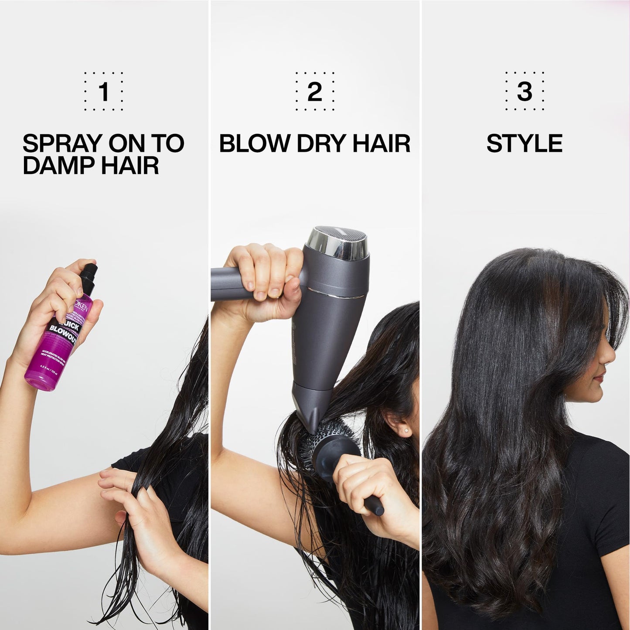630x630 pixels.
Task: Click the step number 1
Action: pos(104,92)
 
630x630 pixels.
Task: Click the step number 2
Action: pos(314,92)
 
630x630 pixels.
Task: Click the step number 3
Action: pos(524,92)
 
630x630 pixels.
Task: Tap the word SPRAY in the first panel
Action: pos(62,143)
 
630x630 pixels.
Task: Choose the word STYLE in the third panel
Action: pos(524,143)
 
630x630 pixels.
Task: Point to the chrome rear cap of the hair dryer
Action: pos(338,242)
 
